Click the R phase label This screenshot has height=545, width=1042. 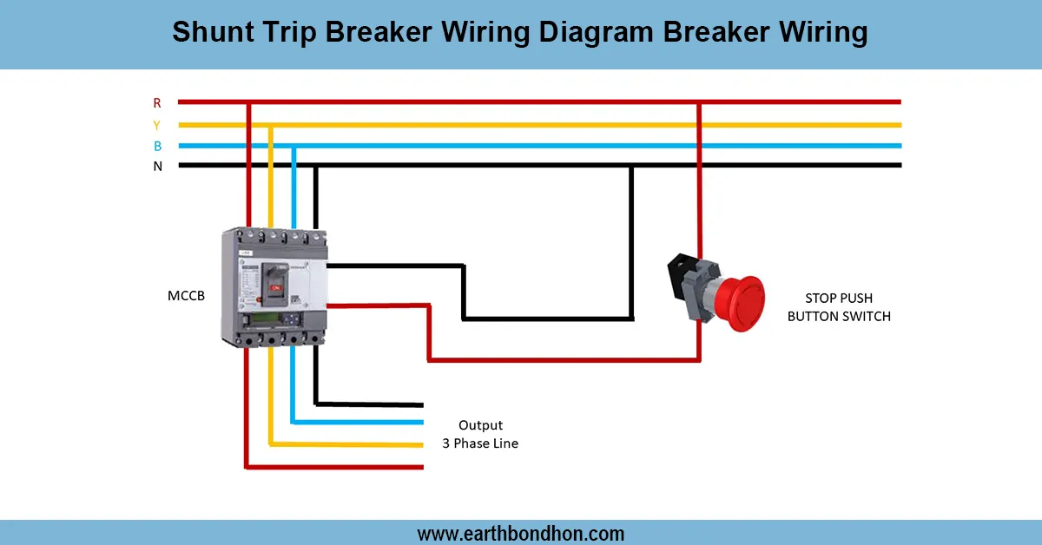coord(157,102)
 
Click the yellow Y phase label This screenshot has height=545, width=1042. coord(157,125)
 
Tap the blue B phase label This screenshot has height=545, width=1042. coord(158,146)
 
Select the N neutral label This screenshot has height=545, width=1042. coord(158,166)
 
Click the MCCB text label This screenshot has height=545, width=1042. coord(186,296)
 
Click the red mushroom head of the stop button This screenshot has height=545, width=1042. coord(741,303)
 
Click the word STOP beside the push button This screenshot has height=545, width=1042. coord(821,298)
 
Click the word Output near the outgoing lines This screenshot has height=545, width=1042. coord(480,425)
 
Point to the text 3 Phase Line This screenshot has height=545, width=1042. coord(480,443)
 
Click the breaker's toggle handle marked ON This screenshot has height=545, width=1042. coord(275,284)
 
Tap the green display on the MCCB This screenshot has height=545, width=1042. coord(266,319)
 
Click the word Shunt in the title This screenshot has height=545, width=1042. coord(213,32)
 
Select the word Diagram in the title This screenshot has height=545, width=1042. coord(597,33)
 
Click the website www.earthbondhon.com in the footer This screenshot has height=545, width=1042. coord(520,534)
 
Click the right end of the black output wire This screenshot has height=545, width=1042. coord(422,405)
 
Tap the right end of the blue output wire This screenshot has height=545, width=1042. coord(422,423)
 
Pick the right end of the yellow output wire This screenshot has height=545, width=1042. coord(422,445)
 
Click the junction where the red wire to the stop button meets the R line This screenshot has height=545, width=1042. coord(699,102)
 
